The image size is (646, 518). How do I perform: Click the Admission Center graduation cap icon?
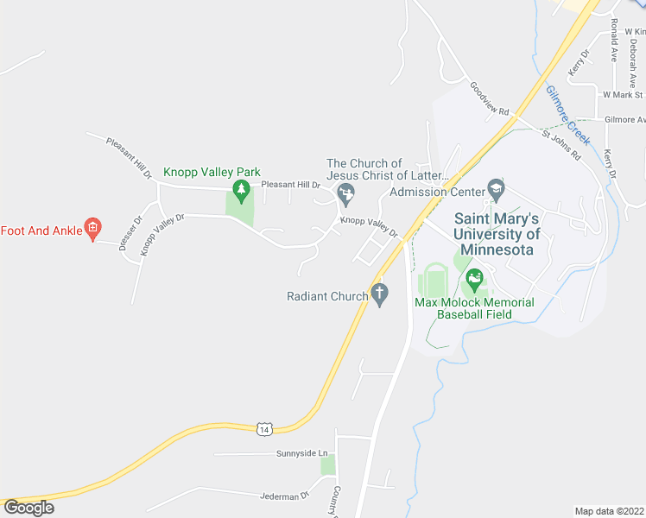496,187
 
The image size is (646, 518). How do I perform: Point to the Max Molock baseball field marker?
473,278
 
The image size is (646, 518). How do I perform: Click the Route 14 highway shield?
264,428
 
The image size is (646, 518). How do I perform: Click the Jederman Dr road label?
284,496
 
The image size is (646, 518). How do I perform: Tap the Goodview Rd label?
490,98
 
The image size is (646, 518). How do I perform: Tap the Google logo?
28,508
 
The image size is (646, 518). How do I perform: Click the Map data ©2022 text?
610,511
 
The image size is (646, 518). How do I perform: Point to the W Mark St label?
624,95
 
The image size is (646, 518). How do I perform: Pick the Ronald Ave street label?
613,39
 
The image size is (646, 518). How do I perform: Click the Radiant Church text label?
327,296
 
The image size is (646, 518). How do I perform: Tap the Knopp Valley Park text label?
212,173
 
